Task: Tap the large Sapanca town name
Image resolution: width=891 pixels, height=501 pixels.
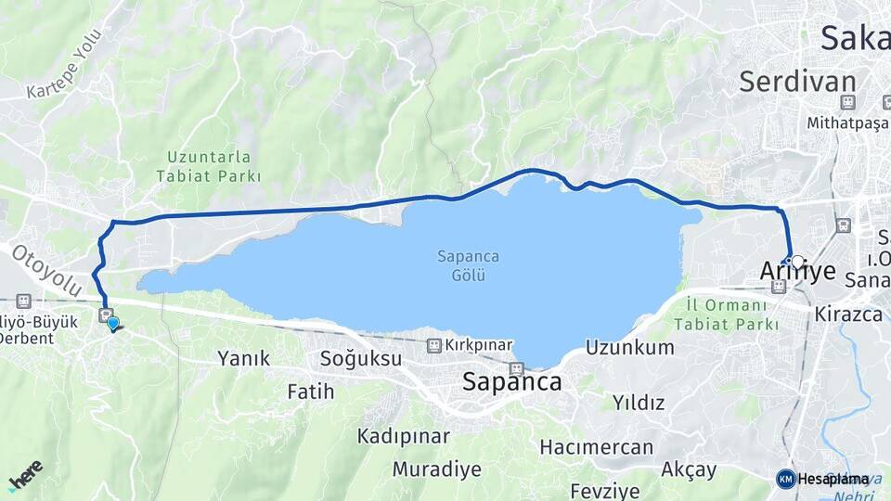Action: [511, 381]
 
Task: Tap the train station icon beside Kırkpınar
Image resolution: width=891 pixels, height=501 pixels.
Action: [433, 345]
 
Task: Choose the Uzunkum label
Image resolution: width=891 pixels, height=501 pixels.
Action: [630, 348]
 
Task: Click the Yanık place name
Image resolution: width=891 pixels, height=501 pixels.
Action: [243, 358]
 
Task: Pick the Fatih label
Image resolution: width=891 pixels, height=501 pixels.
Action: [310, 392]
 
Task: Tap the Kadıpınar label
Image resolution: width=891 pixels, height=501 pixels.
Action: [404, 435]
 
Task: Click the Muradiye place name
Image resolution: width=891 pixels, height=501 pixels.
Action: [437, 469]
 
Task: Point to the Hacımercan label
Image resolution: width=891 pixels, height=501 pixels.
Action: [597, 447]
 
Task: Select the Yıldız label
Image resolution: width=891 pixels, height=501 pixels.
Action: [639, 403]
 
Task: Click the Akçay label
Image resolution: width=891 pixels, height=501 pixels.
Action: [689, 469]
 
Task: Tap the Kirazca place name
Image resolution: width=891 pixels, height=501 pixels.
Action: [848, 314]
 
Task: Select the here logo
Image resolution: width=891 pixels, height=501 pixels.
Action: [26, 475]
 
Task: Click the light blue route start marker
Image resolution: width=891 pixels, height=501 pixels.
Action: [113, 323]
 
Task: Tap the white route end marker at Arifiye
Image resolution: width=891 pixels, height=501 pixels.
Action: [797, 262]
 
